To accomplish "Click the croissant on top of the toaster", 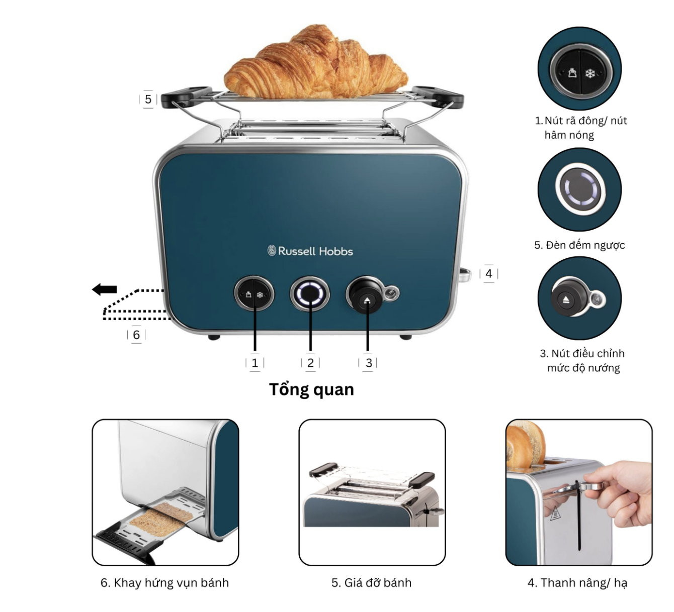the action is pos(315,62).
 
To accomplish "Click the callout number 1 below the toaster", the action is pos(255,363).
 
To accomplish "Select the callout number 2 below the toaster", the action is pos(310,363).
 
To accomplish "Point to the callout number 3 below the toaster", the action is pos(369,363).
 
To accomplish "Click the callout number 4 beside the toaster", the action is pos(489,274).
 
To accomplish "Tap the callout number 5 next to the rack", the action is pos(148,99).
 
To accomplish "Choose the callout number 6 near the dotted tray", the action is pos(136,335).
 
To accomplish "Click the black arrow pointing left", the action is pos(105,289).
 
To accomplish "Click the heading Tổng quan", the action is pos(311,390).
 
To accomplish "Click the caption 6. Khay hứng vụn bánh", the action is pos(164,583).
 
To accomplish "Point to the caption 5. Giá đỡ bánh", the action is pos(371,583).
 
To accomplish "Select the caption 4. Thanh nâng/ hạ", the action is pos(577,583).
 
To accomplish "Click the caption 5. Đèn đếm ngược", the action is pos(579,245).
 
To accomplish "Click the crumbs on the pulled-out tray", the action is pos(161,519).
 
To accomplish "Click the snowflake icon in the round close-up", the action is pos(591,74).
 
